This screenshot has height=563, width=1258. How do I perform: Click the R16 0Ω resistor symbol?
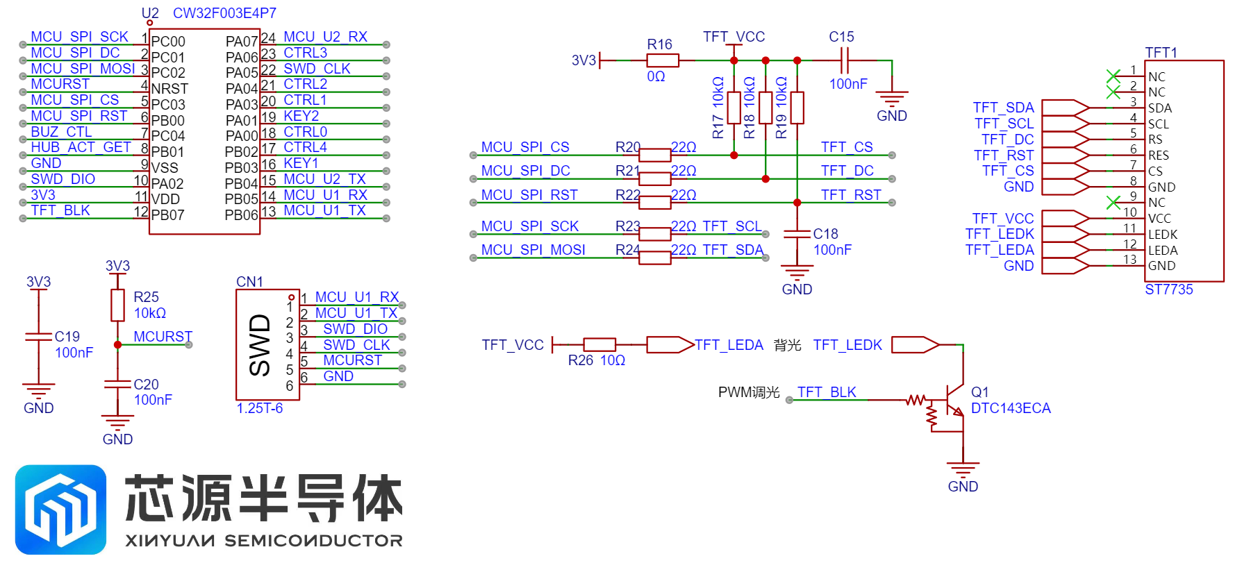(663, 60)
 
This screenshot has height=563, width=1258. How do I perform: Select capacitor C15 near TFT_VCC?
(844, 60)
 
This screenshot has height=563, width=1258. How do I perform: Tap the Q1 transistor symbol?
(947, 406)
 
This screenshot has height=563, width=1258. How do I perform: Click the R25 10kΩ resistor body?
(117, 305)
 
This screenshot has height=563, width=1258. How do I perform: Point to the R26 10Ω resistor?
(599, 344)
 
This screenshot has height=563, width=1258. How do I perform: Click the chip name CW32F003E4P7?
(224, 13)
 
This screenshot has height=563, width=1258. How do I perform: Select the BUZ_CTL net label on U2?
(61, 132)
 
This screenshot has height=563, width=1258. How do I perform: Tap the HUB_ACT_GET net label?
(81, 147)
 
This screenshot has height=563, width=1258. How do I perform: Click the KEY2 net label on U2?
(301, 116)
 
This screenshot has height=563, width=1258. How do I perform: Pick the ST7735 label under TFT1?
(1169, 289)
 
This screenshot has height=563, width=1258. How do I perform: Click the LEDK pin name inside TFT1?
(1163, 235)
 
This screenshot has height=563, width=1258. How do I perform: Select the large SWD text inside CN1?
(260, 345)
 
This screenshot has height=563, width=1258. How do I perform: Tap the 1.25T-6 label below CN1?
(260, 408)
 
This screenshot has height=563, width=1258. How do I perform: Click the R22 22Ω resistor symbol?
(654, 203)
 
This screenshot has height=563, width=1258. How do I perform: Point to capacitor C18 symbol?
(797, 235)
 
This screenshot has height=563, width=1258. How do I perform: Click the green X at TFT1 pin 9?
(1114, 202)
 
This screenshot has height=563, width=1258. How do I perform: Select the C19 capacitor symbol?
(38, 337)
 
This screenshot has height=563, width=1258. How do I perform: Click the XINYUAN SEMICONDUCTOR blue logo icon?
(61, 510)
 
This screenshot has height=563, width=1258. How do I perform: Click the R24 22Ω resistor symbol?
(654, 258)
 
